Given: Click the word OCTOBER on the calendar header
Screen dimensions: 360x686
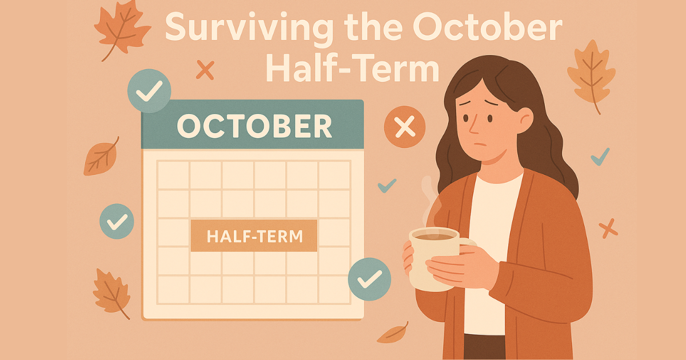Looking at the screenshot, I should pos(254,126).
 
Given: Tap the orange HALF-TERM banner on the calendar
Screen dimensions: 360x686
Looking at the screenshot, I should pos(254,235).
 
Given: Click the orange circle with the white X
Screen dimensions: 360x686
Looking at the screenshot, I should pos(405,127).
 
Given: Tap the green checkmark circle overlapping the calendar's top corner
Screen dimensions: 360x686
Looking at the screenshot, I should pos(149,90).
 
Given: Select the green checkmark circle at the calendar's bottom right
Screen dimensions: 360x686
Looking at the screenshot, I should pos(369,279).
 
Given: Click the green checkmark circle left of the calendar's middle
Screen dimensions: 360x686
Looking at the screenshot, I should pos(117,221).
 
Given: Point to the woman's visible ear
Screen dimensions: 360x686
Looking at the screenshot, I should pos(524,119).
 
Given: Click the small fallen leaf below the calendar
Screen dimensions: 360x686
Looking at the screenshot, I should pos(394,333).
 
